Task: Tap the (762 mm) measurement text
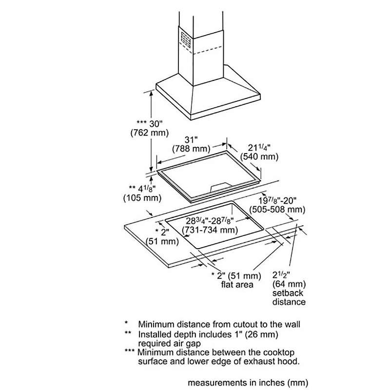(x=150, y=133)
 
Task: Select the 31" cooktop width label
(x=191, y=140)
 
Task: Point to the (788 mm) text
(x=191, y=149)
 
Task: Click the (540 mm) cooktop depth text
(x=259, y=156)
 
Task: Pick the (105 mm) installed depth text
(x=142, y=198)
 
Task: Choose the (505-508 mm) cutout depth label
(x=277, y=210)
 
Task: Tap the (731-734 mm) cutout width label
(x=210, y=230)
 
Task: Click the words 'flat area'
(x=237, y=284)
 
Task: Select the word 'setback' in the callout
(x=288, y=293)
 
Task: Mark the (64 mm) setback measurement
(x=289, y=284)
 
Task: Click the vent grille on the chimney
(x=186, y=40)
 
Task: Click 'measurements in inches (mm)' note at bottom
(x=248, y=383)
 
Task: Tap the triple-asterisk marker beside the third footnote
(x=129, y=351)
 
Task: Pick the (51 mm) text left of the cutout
(x=162, y=241)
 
